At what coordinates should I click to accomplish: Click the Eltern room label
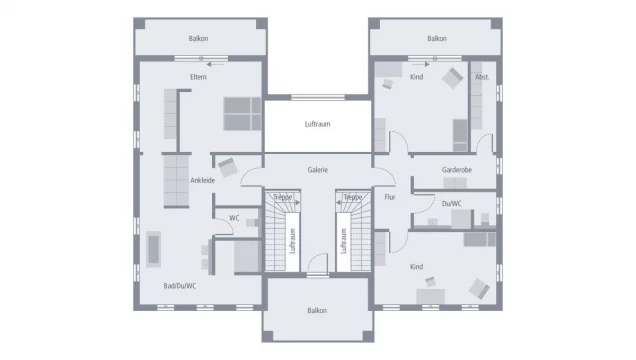pyautogui.click(x=198, y=76)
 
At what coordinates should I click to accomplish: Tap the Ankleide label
pyautogui.click(x=203, y=180)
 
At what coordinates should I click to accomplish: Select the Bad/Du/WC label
pyautogui.click(x=180, y=286)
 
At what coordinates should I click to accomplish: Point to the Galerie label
pyautogui.click(x=318, y=170)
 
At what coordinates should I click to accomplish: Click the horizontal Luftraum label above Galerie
pyautogui.click(x=318, y=124)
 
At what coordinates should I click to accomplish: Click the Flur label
pyautogui.click(x=390, y=197)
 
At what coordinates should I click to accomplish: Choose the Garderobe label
pyautogui.click(x=457, y=170)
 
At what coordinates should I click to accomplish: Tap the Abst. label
pyautogui.click(x=482, y=77)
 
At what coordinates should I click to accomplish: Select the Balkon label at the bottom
pyautogui.click(x=318, y=310)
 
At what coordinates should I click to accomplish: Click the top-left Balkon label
pyautogui.click(x=198, y=39)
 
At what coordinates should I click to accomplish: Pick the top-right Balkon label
pyautogui.click(x=437, y=39)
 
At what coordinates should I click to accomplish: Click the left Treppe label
pyautogui.click(x=283, y=198)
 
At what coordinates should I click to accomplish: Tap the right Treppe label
pyautogui.click(x=353, y=198)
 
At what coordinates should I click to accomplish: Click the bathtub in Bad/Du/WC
pyautogui.click(x=155, y=248)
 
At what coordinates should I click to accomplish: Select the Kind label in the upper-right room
pyautogui.click(x=417, y=76)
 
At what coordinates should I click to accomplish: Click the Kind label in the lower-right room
pyautogui.click(x=417, y=267)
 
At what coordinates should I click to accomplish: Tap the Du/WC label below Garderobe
pyautogui.click(x=451, y=204)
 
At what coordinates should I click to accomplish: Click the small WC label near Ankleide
pyautogui.click(x=234, y=217)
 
